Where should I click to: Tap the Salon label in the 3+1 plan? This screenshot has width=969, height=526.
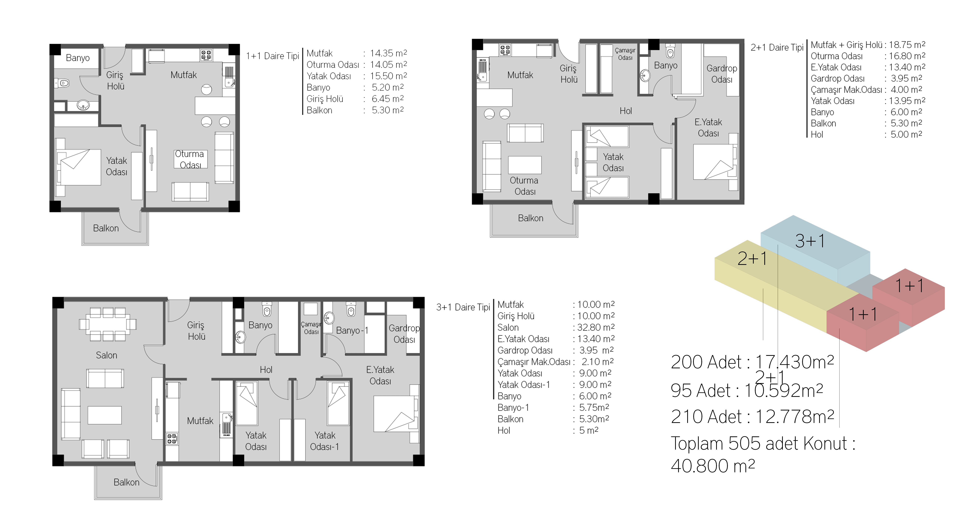point(106,355)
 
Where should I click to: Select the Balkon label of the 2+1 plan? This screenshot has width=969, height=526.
point(530,218)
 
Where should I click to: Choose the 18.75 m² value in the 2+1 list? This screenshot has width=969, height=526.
point(907,45)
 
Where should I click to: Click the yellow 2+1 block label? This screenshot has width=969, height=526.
point(752,258)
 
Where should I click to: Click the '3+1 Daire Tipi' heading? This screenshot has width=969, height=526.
point(463,307)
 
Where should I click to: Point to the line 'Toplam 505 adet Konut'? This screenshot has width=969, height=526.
point(763,444)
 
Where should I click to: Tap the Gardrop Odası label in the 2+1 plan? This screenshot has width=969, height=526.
point(721,74)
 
